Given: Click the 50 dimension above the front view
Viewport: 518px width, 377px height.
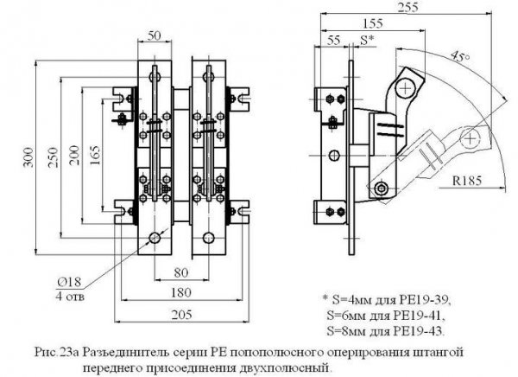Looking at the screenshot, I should [x=155, y=35].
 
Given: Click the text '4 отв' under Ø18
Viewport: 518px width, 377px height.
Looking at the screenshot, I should [x=70, y=296].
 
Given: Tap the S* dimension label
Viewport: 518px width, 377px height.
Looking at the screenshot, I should [x=366, y=40].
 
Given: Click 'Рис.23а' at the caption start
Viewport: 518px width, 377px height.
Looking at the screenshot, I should [x=55, y=352].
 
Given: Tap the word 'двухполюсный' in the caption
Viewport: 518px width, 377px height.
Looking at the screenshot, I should [x=289, y=367].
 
